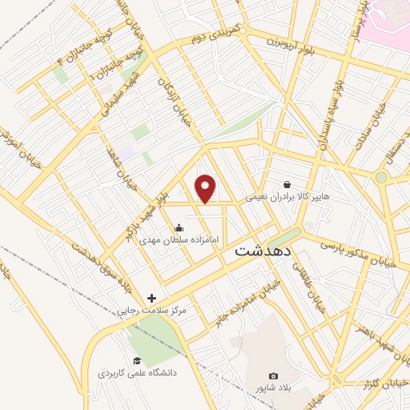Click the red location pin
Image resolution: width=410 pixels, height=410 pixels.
(207, 188)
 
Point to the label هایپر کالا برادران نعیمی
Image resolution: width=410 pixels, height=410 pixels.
(298, 195)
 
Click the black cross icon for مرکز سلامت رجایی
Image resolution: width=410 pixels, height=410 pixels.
(152, 298)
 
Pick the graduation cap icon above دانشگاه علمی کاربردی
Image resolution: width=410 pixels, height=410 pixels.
(136, 360)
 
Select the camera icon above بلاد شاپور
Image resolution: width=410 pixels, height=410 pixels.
(274, 376)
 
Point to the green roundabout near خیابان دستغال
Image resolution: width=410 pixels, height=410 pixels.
(382, 177)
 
